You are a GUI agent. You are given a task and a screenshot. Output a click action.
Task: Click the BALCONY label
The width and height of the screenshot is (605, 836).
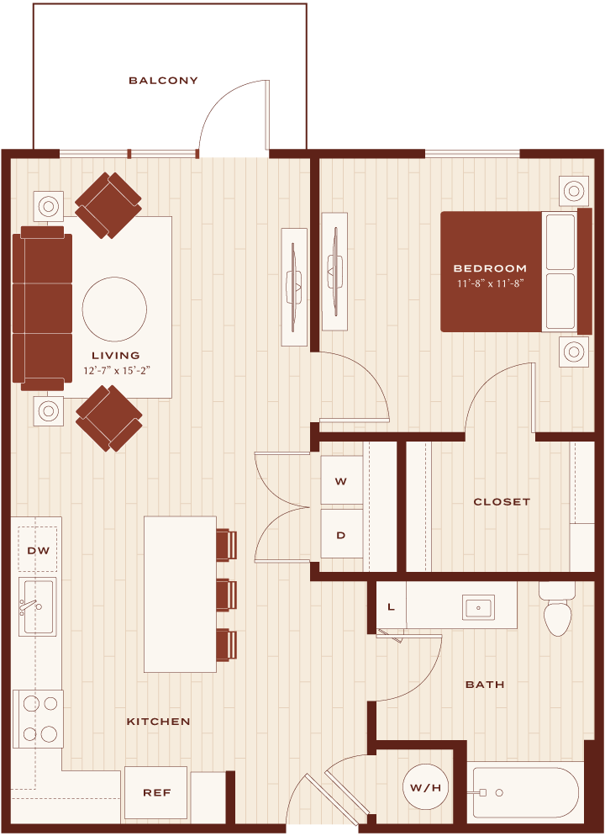(164, 81)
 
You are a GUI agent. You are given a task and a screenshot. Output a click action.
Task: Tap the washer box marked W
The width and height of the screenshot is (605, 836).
(341, 480)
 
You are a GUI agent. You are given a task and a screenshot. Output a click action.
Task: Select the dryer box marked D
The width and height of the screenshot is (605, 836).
(341, 534)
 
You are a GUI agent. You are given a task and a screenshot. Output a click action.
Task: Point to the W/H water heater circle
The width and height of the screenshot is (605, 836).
(425, 787)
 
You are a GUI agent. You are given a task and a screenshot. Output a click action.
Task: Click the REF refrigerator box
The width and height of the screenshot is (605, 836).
(156, 792)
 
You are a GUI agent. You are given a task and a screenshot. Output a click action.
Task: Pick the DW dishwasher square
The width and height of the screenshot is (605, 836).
(38, 550)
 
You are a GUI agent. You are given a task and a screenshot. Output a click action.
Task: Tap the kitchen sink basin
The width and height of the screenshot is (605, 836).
(37, 606)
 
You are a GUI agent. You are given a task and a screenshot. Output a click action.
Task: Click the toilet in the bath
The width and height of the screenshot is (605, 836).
(557, 608)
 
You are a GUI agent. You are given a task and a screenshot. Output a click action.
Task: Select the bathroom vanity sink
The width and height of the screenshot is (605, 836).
(478, 607)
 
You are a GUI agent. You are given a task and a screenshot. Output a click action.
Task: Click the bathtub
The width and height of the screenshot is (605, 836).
(523, 793)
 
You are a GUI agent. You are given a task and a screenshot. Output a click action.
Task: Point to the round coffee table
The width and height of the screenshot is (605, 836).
(114, 310)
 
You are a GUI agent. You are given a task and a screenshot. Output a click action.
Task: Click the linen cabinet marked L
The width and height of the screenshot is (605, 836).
(392, 606)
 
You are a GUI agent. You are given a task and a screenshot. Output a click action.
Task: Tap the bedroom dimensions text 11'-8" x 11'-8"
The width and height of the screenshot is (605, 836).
(491, 283)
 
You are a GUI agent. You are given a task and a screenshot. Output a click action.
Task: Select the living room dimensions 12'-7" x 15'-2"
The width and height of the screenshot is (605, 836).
(117, 370)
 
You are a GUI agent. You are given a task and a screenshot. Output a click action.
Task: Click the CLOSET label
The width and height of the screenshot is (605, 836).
(502, 502)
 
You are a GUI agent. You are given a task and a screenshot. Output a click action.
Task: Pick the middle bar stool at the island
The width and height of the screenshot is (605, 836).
(226, 595)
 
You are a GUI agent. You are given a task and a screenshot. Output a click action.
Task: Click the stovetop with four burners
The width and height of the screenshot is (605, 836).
(39, 719)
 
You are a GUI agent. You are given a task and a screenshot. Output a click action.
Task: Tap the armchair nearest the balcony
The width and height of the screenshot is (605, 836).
(108, 204)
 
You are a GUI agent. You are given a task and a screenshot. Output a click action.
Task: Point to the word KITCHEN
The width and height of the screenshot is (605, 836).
(158, 722)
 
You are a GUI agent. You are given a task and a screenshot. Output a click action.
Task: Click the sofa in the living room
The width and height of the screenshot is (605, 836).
(42, 308)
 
